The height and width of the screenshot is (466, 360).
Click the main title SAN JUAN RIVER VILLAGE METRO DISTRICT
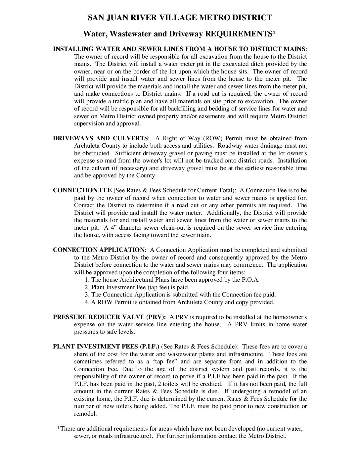pyautogui.click(x=180, y=18)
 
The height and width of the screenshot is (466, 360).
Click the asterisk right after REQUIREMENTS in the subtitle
pyautogui.click(x=274, y=33)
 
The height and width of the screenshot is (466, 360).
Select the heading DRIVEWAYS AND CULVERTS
pyautogui.click(x=101, y=138)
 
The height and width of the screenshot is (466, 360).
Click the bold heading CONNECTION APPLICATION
pyautogui.click(x=99, y=250)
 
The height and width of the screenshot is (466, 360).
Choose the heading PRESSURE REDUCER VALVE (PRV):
pyautogui.click(x=110, y=317)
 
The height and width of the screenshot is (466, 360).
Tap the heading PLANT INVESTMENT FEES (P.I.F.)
pyautogui.click(x=106, y=347)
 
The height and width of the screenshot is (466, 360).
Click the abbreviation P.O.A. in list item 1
pyautogui.click(x=250, y=280)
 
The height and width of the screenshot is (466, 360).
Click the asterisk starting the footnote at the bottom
pyautogui.click(x=59, y=428)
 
